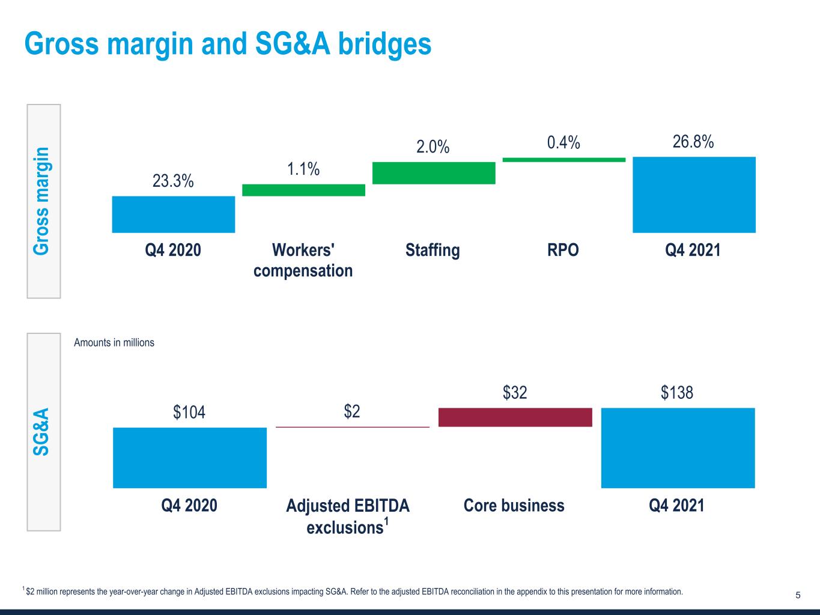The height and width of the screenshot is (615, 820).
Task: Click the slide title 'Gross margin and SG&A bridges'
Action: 228,44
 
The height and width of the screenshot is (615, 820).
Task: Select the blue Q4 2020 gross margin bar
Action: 173,214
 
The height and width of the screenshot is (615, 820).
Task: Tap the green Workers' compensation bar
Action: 303,190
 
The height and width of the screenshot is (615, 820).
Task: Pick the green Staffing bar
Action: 434,173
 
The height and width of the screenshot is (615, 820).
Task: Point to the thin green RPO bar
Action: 563,160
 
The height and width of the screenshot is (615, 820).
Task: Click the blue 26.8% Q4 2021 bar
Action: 694,195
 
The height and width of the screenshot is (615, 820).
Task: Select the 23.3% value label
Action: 173,181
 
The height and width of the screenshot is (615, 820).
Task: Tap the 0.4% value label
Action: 563,143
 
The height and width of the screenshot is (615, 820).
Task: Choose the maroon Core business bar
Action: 515,417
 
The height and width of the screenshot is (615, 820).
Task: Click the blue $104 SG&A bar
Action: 190,458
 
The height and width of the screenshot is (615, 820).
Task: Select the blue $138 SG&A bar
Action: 678,448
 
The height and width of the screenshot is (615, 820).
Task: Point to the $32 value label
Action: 515,393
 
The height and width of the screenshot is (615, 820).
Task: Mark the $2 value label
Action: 352,412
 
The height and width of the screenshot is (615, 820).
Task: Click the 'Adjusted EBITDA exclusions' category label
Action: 348,516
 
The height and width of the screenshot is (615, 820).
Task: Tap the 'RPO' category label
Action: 563,250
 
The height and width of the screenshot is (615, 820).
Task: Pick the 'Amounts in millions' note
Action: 114,342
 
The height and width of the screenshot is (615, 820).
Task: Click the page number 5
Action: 798,595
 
